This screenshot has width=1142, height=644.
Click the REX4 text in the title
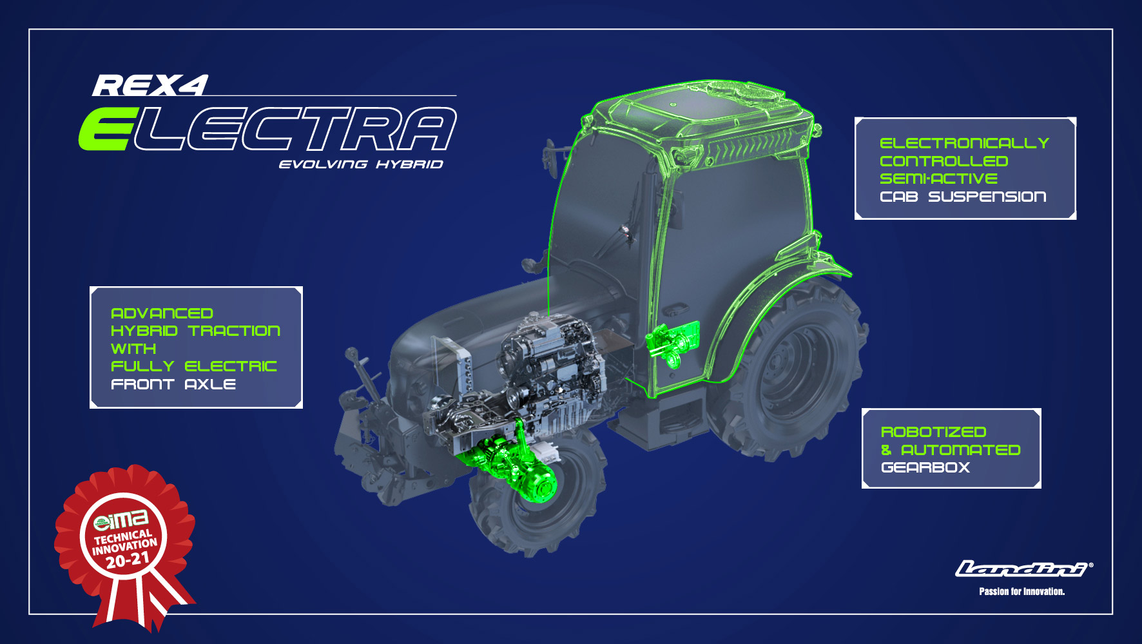(151, 86)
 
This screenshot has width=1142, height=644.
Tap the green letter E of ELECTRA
(106, 129)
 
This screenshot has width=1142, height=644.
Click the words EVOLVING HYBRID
(361, 164)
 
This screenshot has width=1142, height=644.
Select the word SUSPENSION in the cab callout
(987, 197)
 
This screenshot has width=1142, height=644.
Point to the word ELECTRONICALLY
(964, 143)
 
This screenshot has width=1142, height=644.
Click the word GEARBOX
(925, 467)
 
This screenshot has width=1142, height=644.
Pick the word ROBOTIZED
(934, 432)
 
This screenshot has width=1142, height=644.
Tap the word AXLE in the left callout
(210, 384)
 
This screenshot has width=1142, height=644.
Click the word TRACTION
(235, 331)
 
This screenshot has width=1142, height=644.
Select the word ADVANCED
(162, 313)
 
